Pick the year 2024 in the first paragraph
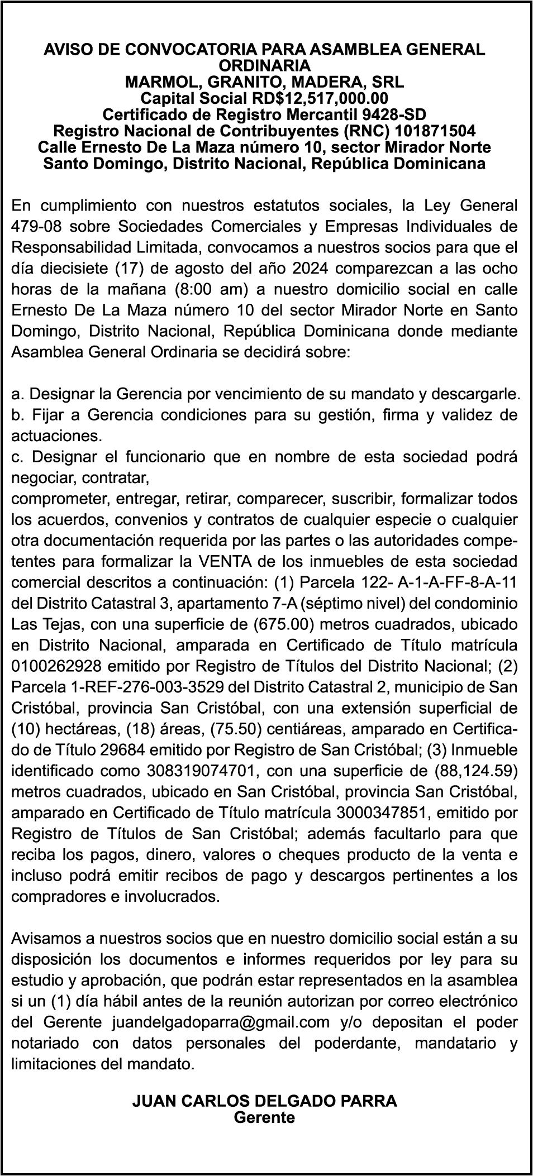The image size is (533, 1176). [x=310, y=269]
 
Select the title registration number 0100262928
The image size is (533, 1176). [x=55, y=666]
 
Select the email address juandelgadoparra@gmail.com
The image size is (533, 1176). [x=221, y=1022]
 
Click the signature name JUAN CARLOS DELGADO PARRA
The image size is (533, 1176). [x=264, y=1101]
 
